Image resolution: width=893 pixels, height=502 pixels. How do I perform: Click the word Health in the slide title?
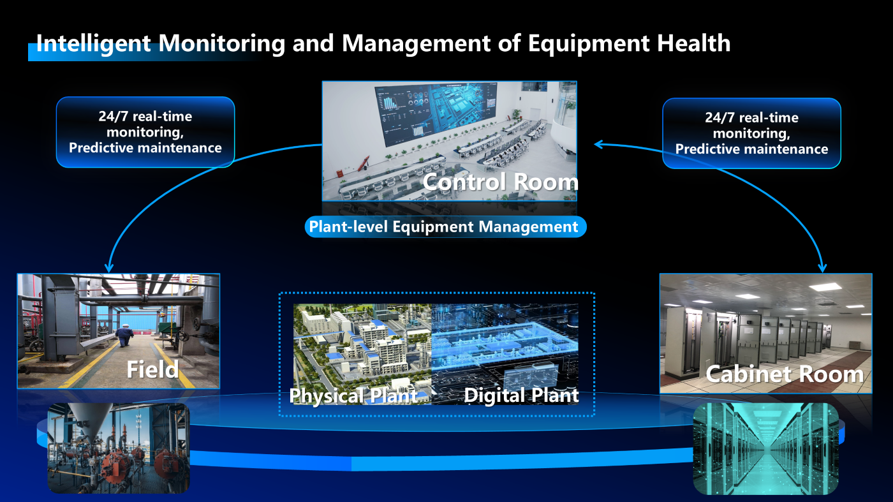click(x=694, y=43)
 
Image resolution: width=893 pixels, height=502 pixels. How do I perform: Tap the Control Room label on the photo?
click(x=500, y=182)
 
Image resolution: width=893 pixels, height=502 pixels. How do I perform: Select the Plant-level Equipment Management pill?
click(x=445, y=226)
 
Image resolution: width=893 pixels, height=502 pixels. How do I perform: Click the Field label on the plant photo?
click(x=152, y=369)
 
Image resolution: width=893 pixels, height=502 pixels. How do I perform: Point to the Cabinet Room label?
click(x=785, y=374)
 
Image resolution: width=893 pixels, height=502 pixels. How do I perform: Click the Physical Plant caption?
click(x=353, y=395)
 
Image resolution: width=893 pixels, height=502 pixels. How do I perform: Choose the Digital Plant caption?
click(x=521, y=395)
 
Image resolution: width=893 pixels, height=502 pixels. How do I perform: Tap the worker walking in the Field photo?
click(x=125, y=336)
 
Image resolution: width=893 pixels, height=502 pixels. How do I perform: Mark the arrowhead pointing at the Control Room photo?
click(x=599, y=144)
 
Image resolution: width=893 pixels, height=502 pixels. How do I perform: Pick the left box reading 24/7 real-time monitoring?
click(x=145, y=132)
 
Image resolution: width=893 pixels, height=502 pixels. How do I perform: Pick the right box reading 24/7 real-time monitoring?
click(x=751, y=133)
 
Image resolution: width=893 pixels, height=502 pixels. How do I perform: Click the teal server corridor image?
click(x=766, y=448)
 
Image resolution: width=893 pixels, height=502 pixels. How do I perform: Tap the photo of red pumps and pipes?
click(x=119, y=448)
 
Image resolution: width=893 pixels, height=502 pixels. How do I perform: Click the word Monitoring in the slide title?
click(x=222, y=44)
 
